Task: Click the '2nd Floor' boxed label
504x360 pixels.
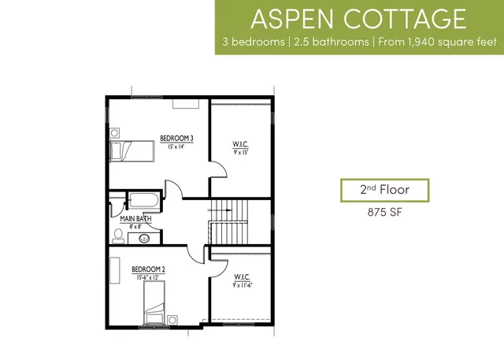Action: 384,190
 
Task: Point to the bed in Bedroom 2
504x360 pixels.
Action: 154,303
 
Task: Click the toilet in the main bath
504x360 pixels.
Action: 117,235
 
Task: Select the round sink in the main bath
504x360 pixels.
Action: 145,238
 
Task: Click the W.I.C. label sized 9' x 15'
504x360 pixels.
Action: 240,144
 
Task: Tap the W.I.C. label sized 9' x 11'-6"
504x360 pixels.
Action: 242,277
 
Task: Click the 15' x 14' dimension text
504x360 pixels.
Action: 176,147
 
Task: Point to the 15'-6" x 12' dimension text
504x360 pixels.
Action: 148,277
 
